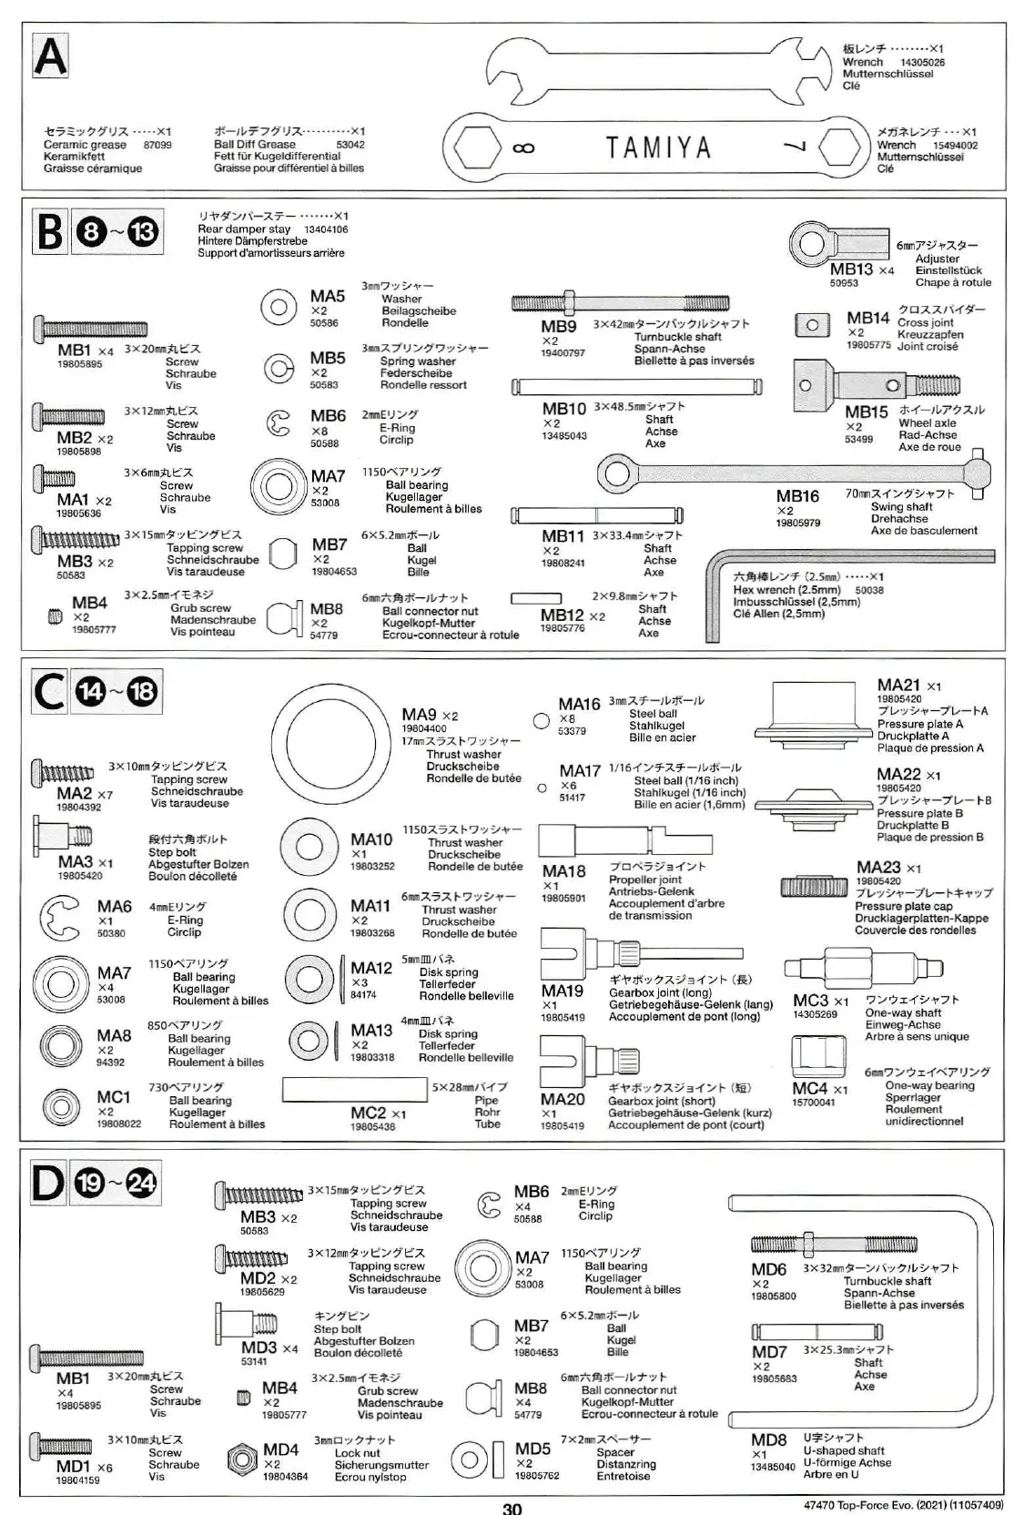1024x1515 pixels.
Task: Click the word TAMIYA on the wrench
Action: pyautogui.click(x=657, y=147)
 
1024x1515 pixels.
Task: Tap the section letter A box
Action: pyautogui.click(x=50, y=56)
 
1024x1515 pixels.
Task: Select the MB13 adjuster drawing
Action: pyautogui.click(x=836, y=241)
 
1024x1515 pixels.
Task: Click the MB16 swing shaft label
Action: pyautogui.click(x=797, y=496)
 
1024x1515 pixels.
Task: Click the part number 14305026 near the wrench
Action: pyautogui.click(x=922, y=63)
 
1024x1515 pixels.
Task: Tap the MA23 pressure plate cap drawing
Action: pyautogui.click(x=814, y=886)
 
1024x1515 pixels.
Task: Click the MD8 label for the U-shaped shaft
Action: pyautogui.click(x=768, y=1439)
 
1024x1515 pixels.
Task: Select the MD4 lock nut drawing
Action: pyautogui.click(x=242, y=1459)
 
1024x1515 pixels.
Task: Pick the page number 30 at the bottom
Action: pyautogui.click(x=512, y=1508)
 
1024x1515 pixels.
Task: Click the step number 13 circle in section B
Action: pyautogui.click(x=142, y=233)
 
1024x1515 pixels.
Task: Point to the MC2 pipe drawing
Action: pyautogui.click(x=355, y=1087)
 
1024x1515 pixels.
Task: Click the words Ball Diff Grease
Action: pyautogui.click(x=255, y=144)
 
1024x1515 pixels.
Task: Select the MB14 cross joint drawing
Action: pyautogui.click(x=813, y=325)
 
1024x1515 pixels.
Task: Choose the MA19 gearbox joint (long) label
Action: pyautogui.click(x=563, y=991)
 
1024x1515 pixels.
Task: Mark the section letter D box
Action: pyautogui.click(x=48, y=1185)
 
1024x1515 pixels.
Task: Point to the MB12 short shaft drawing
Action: pyautogui.click(x=535, y=598)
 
